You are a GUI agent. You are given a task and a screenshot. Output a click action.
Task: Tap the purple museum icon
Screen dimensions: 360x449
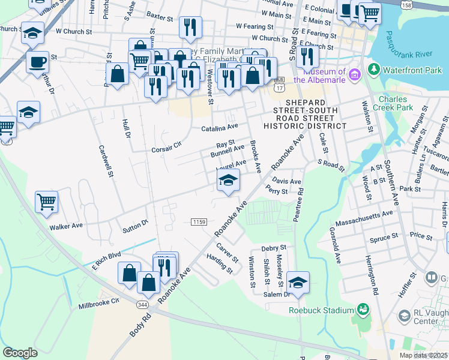click(355, 74)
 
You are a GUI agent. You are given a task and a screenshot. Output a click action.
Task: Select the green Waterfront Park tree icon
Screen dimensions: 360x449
click(374, 70)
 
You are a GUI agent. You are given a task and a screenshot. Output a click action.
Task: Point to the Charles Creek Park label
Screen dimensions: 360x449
click(396, 103)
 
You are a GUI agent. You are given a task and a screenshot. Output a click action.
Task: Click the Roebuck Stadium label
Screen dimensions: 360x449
click(321, 310)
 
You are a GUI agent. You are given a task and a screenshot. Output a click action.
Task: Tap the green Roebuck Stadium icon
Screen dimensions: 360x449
click(362, 310)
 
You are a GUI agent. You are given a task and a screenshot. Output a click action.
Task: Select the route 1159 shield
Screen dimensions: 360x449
click(199, 222)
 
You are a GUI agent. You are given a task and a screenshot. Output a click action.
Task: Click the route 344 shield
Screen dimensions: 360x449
click(143, 305)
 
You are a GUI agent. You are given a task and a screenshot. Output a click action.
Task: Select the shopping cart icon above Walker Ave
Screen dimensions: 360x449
click(46, 202)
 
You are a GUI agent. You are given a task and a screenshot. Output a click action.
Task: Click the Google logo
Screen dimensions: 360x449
click(20, 353)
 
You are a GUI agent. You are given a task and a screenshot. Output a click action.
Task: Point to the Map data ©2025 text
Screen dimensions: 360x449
click(423, 355)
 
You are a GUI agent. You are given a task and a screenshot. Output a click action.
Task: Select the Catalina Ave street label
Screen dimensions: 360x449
click(220, 128)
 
